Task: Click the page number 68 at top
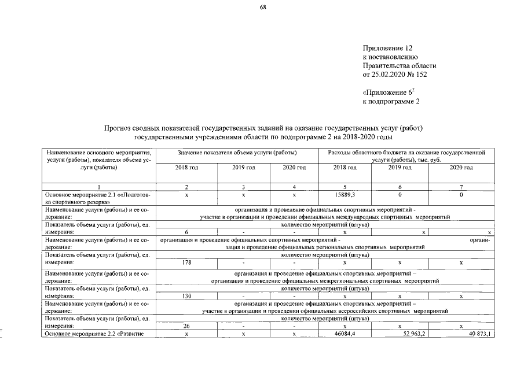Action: click(262, 8)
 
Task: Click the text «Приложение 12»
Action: click(387, 47)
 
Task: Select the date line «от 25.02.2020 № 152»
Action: click(395, 75)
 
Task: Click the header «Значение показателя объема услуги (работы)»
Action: click(237, 152)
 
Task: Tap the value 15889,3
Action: click(345, 195)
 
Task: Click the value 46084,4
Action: click(345, 334)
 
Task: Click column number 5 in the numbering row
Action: click(345, 187)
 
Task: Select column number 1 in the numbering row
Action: click(98, 187)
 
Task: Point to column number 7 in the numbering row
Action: click(461, 187)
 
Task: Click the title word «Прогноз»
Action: click(117, 128)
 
